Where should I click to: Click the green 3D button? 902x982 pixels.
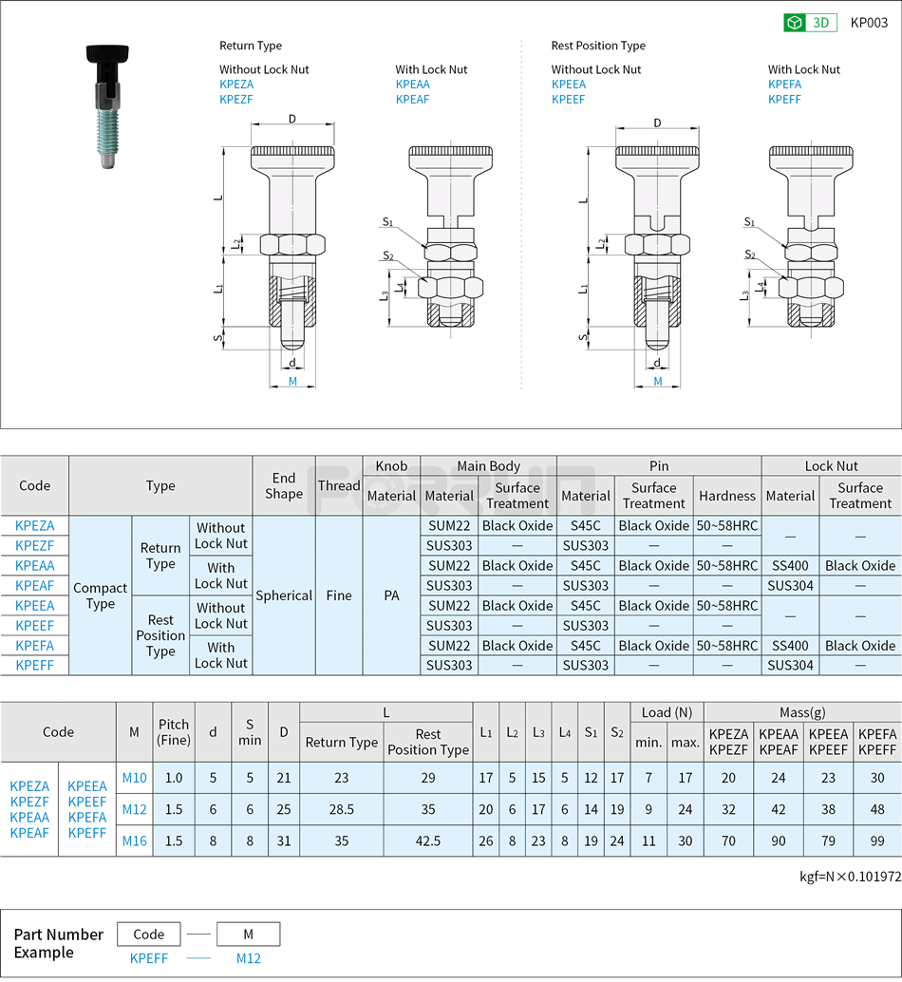tap(810, 23)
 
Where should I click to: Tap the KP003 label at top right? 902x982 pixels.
tap(869, 23)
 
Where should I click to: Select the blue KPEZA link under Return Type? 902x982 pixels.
tap(236, 85)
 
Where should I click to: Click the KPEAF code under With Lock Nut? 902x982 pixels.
tap(412, 100)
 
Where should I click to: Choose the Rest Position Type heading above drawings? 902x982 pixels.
tap(598, 46)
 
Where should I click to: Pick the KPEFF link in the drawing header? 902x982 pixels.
tap(784, 100)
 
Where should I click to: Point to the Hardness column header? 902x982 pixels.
tap(726, 496)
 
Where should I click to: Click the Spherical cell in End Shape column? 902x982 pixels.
tap(283, 595)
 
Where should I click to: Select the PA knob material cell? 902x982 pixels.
tap(391, 595)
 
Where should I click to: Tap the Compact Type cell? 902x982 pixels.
tap(101, 595)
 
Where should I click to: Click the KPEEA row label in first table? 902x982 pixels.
tap(35, 606)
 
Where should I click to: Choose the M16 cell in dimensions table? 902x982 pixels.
tap(135, 840)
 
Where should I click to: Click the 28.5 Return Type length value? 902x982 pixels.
tap(342, 809)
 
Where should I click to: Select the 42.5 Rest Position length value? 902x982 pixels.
tap(427, 840)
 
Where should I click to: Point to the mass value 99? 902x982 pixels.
tap(876, 840)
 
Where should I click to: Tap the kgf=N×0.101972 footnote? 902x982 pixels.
tap(850, 877)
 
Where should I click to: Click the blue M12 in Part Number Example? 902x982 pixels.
tap(248, 958)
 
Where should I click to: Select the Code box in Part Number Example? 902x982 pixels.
tap(149, 934)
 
